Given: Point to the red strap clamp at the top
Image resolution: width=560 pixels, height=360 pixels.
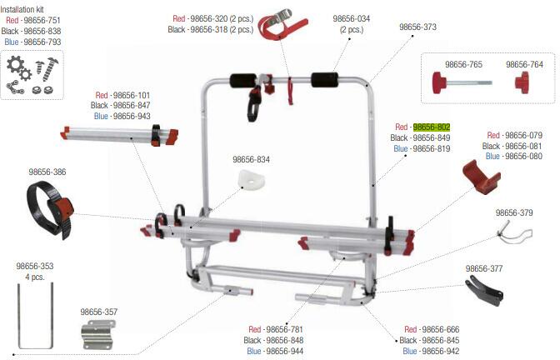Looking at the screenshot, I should pyautogui.click(x=280, y=26).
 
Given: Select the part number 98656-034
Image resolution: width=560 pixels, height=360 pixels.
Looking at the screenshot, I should pyautogui.click(x=351, y=17).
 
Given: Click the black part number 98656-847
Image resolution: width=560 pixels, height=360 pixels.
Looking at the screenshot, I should pyautogui.click(x=132, y=106).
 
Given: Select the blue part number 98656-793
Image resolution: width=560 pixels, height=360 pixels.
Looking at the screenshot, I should pyautogui.click(x=42, y=41).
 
